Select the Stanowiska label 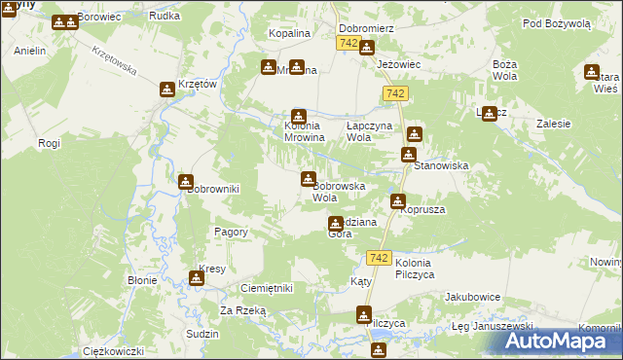[x=441, y=166]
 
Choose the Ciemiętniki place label [x=266, y=289]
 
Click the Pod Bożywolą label [x=556, y=22]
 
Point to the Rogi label [x=49, y=144]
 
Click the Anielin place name [x=30, y=50]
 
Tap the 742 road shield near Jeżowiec [x=394, y=92]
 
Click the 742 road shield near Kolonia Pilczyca [x=380, y=258]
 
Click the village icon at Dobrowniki [x=186, y=180]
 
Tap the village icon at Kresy [x=197, y=278]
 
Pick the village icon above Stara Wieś [x=591, y=71]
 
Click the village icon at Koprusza [x=398, y=201]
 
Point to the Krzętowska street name [x=113, y=64]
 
